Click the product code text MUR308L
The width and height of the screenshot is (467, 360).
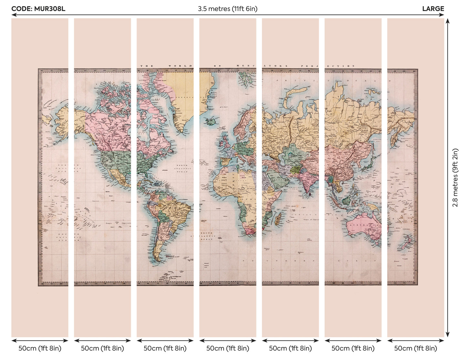pos(38,9)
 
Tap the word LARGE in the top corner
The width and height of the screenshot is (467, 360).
pos(433,9)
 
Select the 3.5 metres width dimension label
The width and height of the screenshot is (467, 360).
pos(228,9)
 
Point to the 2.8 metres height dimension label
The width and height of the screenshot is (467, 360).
pos(455,177)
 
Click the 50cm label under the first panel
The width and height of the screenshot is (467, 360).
pos(40,348)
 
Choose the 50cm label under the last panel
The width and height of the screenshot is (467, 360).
pos(416,348)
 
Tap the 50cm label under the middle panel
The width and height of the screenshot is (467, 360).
pos(228,348)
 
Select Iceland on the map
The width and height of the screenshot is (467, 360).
pos(211,122)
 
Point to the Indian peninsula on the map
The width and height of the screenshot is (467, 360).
pos(305,181)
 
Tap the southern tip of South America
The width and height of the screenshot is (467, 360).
pos(157,260)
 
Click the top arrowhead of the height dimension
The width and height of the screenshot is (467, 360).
pos(448,21)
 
